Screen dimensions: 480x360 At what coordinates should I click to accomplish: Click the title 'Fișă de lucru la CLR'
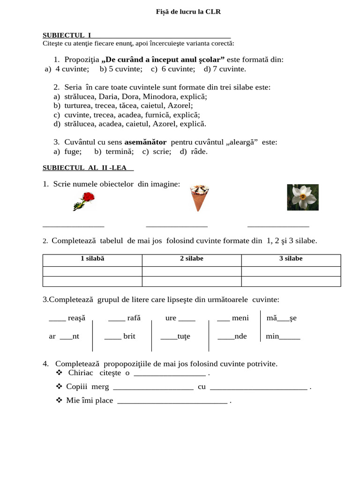[x=188, y=12]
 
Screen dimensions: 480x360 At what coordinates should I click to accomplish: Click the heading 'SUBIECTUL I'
[x=67, y=35]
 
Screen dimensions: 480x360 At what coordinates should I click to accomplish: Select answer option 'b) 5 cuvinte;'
[x=121, y=69]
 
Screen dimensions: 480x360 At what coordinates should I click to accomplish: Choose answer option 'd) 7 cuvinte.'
[x=225, y=69]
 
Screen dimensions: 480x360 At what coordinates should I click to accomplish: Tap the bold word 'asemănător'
[x=145, y=142]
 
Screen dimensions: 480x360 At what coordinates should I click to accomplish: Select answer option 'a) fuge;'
[x=67, y=151]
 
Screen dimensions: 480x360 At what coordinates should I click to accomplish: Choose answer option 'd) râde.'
[x=193, y=151]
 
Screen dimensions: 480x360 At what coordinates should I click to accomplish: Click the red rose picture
[x=83, y=201]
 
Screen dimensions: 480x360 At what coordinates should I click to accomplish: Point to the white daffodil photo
[x=302, y=197]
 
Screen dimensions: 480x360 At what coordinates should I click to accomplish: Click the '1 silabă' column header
[x=92, y=259]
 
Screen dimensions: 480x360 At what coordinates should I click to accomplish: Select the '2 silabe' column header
[x=191, y=259]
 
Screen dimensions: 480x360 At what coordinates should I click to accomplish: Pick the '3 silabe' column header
[x=291, y=259]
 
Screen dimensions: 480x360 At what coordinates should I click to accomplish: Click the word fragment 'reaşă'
[x=77, y=318]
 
